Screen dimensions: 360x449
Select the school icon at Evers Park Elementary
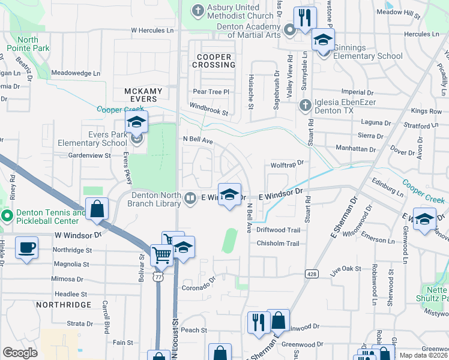click(137, 123)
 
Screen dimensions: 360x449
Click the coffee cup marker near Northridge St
click(27, 247)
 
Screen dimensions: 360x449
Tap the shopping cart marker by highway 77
click(161, 254)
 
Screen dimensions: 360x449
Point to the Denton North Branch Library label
click(154, 199)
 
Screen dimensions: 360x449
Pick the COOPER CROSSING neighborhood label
click(214, 61)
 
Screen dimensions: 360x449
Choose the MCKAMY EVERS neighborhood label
click(143, 95)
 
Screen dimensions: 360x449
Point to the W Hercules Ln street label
click(152, 30)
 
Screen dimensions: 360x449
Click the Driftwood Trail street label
click(278, 230)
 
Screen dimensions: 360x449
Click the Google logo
click(20, 352)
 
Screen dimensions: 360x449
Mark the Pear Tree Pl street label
click(211, 92)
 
